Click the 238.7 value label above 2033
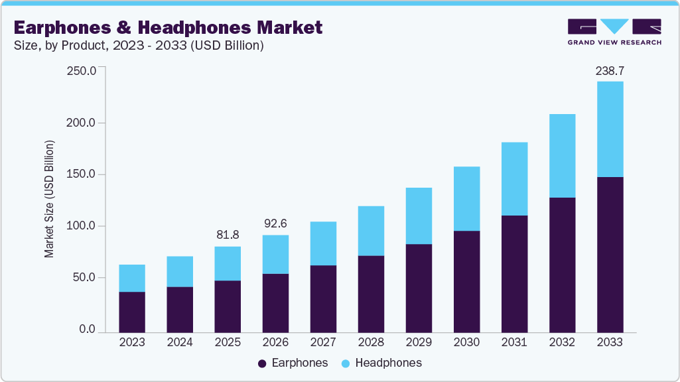[610, 70]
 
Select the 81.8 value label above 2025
[228, 235]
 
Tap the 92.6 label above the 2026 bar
[275, 223]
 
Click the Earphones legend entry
[293, 363]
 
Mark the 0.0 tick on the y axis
[88, 330]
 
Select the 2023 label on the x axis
[132, 342]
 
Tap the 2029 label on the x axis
[419, 342]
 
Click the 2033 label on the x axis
[610, 342]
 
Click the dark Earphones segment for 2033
[610, 255]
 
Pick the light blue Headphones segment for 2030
[466, 199]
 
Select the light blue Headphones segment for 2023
[132, 279]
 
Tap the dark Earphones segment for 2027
[323, 299]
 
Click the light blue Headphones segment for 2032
[562, 156]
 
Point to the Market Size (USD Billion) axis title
[49, 199]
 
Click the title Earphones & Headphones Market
[168, 27]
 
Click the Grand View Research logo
[614, 32]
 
